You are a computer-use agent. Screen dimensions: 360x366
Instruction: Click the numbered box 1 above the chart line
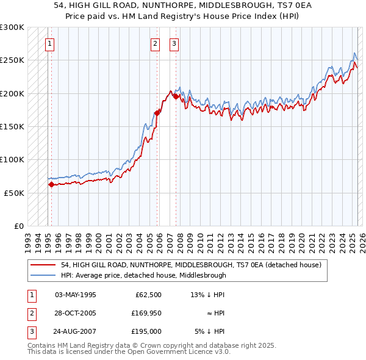(x=49, y=43)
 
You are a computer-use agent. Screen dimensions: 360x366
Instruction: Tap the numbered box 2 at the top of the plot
(x=156, y=43)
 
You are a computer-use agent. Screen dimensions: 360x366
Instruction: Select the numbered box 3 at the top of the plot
(x=174, y=43)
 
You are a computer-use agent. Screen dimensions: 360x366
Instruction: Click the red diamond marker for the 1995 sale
(x=51, y=184)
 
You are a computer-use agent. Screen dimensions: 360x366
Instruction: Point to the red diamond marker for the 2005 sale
(x=157, y=113)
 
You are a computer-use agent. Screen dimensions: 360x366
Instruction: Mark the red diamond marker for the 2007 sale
(x=176, y=96)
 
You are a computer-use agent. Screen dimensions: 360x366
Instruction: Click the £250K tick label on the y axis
(x=12, y=60)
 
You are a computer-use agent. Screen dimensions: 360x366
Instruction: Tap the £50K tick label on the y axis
(x=14, y=193)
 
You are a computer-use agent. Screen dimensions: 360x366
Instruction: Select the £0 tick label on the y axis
(x=18, y=226)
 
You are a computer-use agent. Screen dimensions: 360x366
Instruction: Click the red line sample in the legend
(x=43, y=265)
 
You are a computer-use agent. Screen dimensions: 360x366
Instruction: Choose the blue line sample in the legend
(x=43, y=275)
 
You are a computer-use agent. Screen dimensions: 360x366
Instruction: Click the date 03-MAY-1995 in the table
(x=76, y=295)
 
